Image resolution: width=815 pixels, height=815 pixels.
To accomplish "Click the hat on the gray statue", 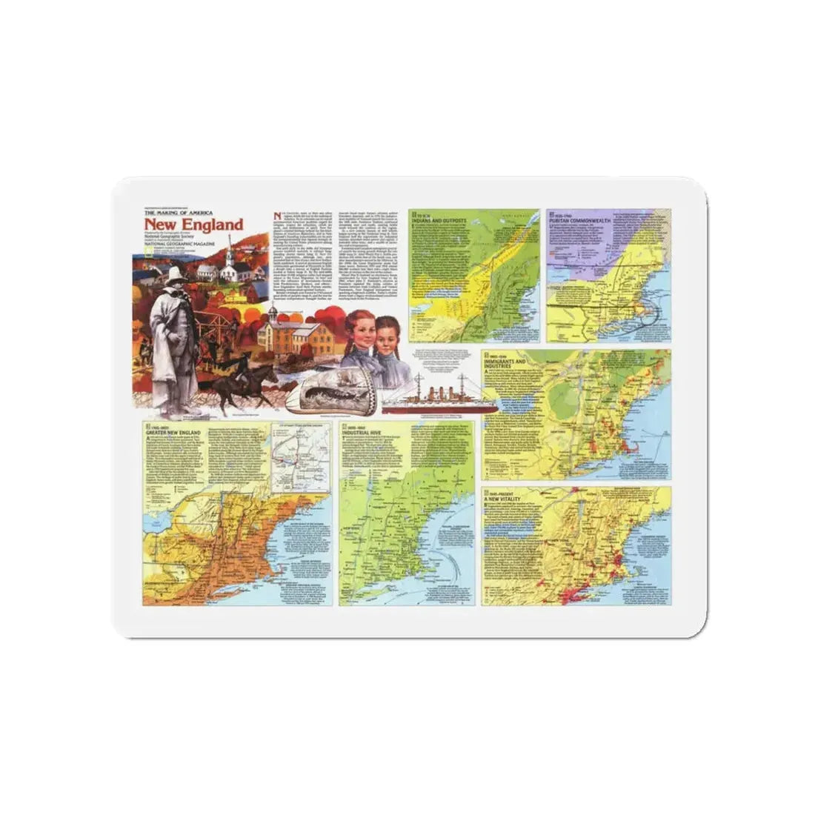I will (x=175, y=276).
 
